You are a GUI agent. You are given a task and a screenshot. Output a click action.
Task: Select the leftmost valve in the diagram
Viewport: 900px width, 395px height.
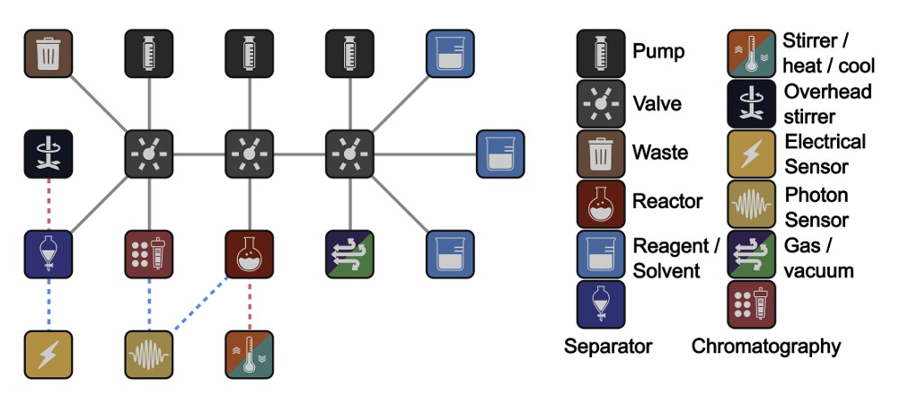click(x=147, y=154)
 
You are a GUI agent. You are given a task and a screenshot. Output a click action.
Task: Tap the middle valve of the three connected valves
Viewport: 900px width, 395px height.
click(x=247, y=154)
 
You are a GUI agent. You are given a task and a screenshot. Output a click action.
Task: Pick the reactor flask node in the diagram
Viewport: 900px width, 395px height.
click(x=247, y=254)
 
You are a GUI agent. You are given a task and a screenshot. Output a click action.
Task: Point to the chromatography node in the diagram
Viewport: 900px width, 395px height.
click(x=147, y=254)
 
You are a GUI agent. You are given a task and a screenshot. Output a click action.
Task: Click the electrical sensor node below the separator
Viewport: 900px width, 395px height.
click(x=48, y=353)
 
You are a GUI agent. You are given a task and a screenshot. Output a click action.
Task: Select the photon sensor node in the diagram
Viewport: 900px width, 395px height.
click(x=147, y=353)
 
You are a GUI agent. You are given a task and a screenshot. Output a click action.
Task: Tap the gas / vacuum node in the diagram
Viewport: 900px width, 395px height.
click(x=348, y=254)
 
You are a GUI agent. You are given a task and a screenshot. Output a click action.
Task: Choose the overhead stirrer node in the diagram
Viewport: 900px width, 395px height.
click(x=48, y=154)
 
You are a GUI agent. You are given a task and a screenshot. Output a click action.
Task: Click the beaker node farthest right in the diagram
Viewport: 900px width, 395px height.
click(x=499, y=154)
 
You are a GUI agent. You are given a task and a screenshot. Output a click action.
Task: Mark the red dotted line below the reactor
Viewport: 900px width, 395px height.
click(x=247, y=303)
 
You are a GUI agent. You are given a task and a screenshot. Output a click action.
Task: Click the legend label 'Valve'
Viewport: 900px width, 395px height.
click(x=657, y=103)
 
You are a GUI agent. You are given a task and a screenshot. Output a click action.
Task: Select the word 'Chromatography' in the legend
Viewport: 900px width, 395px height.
click(x=766, y=347)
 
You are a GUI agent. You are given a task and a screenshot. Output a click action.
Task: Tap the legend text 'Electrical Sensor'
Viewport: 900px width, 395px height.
click(x=825, y=153)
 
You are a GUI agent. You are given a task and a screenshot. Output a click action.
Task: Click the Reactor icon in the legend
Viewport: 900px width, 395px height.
click(x=599, y=203)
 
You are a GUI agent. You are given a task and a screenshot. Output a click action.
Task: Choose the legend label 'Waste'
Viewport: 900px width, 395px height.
click(x=659, y=152)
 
